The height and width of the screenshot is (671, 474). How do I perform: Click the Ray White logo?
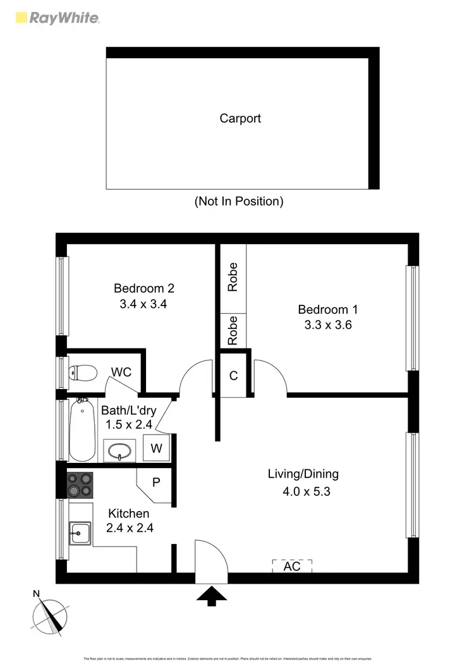point(57,18)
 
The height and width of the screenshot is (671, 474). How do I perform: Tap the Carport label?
point(240,118)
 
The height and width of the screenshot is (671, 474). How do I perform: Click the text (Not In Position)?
point(238,202)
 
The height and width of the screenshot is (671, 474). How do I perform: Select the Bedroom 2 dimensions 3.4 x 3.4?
point(143,304)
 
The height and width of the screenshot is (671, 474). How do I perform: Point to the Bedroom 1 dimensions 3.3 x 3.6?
point(327,325)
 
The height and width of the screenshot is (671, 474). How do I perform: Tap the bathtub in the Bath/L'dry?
point(82,429)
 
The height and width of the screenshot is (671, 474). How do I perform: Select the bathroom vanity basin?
point(120,451)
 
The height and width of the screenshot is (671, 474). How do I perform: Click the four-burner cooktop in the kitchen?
point(80,485)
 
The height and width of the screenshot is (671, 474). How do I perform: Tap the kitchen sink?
point(80,533)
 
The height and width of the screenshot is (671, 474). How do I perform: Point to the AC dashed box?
point(292,566)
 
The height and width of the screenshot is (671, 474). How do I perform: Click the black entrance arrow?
point(212,596)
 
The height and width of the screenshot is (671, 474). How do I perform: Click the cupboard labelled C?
point(233,376)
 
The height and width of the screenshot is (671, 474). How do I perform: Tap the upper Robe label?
point(233,276)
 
